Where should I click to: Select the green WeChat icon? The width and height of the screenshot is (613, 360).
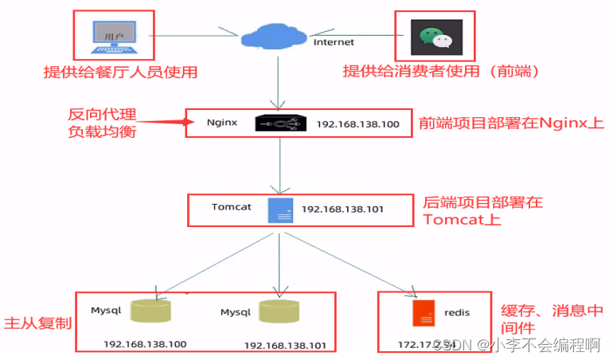click(435, 37)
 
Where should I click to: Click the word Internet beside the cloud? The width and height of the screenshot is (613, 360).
click(334, 41)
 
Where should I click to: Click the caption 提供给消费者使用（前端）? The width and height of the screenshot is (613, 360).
click(441, 72)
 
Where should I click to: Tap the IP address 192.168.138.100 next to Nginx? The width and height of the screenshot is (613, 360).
click(358, 125)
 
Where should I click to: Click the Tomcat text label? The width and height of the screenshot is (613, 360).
click(232, 207)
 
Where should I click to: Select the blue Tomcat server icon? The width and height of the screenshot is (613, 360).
click(279, 210)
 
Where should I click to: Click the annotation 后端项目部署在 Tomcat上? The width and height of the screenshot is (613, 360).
click(482, 211)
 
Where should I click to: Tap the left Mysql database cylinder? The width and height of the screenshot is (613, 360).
click(152, 313)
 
